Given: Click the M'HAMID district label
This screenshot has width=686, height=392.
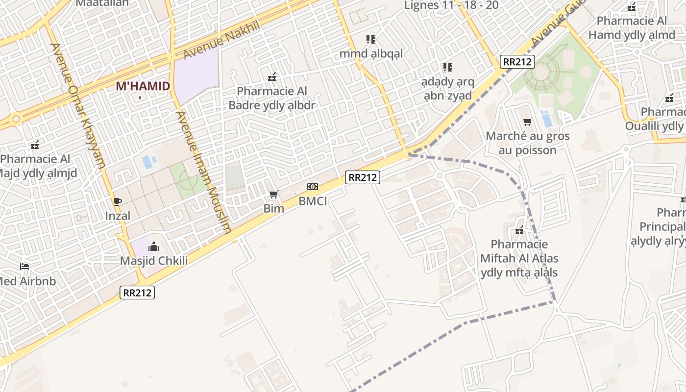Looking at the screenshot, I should point(143,86).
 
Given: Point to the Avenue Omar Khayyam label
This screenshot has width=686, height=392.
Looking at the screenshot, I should point(78,105).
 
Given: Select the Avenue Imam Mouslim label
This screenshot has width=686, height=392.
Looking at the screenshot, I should point(203,172).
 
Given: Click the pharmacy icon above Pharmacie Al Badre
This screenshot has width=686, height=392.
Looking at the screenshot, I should point(272,77).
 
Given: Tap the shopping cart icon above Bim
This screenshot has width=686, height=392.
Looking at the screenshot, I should point(274,195).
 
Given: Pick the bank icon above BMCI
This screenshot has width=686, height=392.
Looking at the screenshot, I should point(312,187).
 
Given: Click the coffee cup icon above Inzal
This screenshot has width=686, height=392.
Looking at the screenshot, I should point(118,201).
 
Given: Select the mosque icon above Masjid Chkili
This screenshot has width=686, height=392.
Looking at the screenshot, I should point(154,246).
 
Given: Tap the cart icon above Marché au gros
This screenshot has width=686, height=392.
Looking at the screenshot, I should point(527,122).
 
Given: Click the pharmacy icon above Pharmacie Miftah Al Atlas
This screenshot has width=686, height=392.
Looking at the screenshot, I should point(519,230).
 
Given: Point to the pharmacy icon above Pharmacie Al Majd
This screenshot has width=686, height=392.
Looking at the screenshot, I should point(35,145).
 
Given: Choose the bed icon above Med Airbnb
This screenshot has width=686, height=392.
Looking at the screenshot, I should point(24,267).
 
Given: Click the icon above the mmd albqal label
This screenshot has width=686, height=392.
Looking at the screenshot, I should point(371,39).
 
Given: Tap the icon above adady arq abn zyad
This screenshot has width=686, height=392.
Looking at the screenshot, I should point(447,67).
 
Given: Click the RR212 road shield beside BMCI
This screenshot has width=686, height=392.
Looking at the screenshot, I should point(362,177).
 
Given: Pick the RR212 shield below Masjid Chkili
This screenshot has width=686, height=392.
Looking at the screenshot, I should point(137,293).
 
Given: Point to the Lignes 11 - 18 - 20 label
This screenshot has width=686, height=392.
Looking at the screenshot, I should point(451,5).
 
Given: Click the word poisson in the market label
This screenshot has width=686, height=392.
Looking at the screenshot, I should point(527,150).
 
